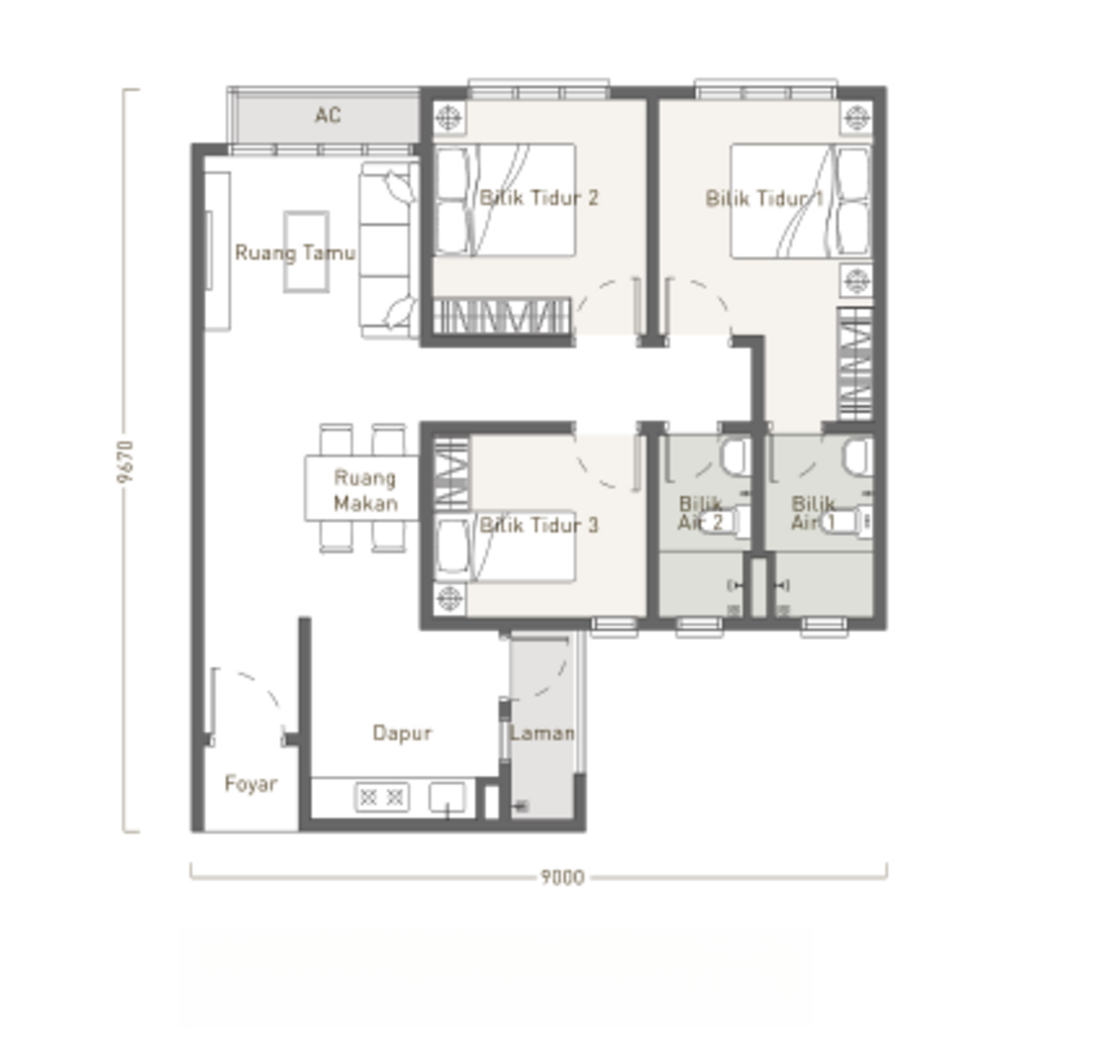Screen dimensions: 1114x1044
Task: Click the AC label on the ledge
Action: pyautogui.click(x=328, y=116)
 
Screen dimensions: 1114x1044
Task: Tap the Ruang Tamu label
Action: pyautogui.click(x=295, y=253)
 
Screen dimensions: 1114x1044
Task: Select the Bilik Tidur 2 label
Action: pyautogui.click(x=539, y=198)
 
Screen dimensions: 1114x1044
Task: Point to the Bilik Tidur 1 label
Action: pyautogui.click(x=764, y=198)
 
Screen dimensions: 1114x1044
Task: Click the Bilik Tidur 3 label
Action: pyautogui.click(x=539, y=525)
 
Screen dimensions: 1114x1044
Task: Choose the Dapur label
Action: pyautogui.click(x=403, y=733)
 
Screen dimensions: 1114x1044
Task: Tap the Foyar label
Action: pyautogui.click(x=251, y=783)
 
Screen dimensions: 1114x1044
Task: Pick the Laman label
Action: pyautogui.click(x=542, y=733)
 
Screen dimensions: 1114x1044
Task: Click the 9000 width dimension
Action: pyautogui.click(x=562, y=878)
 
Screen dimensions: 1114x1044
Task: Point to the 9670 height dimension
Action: pyautogui.click(x=126, y=461)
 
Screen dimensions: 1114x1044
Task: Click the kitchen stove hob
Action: pyautogui.click(x=382, y=797)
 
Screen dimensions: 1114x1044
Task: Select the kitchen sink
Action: pyautogui.click(x=447, y=797)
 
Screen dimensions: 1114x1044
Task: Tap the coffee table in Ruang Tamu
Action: pyautogui.click(x=306, y=251)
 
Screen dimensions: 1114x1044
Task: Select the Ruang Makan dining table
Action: pyautogui.click(x=362, y=489)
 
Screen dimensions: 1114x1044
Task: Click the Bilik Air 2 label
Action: pyautogui.click(x=700, y=513)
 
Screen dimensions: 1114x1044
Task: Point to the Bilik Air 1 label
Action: pyautogui.click(x=813, y=513)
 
